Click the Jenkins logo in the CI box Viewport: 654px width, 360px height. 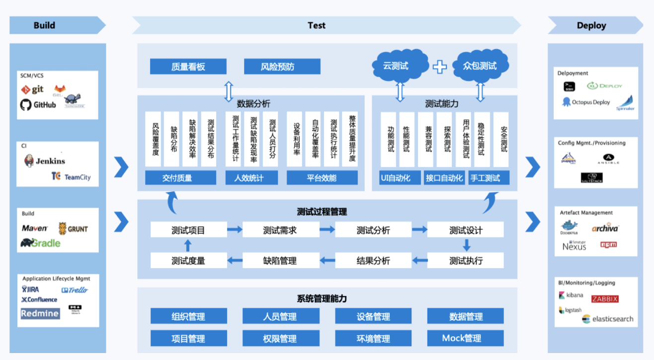[45, 161]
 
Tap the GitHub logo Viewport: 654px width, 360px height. [38, 105]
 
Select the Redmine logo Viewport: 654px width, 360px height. [40, 313]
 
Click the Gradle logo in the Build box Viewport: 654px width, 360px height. [40, 243]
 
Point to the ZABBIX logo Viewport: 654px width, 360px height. [605, 299]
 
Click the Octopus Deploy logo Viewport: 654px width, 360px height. [586, 102]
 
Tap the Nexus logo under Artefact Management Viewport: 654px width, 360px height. [574, 245]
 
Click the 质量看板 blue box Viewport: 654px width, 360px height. [188, 67]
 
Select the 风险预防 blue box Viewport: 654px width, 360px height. [282, 67]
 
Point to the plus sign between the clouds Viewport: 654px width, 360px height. [439, 66]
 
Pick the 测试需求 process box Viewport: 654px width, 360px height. [280, 230]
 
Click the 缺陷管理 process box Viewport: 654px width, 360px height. [280, 261]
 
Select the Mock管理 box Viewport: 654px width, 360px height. [465, 339]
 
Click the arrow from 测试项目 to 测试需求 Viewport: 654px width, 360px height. [235, 230]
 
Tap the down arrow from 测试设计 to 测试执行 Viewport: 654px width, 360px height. [466, 245]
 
